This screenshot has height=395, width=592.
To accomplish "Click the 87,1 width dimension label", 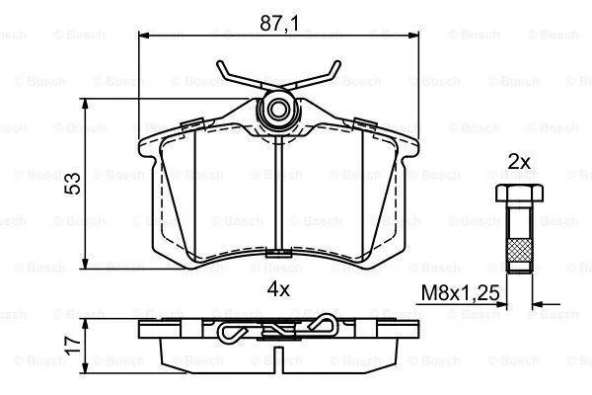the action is [x=279, y=24].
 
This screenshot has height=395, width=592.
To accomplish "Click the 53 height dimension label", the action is [x=73, y=184].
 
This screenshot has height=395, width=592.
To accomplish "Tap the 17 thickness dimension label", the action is [x=73, y=346].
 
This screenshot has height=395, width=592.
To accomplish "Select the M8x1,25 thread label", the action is [x=460, y=292].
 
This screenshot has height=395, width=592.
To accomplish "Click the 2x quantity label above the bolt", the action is [x=519, y=163].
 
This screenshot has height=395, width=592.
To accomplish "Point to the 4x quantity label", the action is [x=278, y=289].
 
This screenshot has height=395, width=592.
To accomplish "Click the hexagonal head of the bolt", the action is [x=520, y=194].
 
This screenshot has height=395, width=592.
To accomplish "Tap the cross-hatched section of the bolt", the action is [x=520, y=250].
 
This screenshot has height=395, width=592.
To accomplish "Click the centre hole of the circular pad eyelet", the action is [x=278, y=110].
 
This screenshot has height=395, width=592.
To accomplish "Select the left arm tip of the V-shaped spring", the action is [x=220, y=63].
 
